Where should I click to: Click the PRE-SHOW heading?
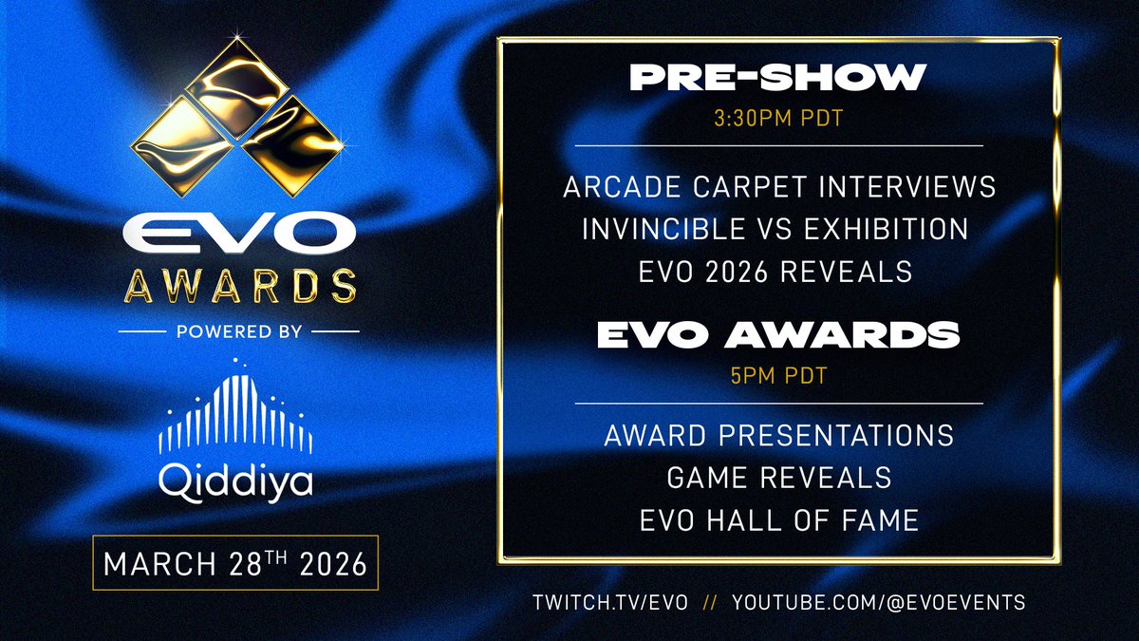[778, 79]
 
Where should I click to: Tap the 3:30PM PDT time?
[778, 122]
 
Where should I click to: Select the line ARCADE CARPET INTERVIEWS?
[779, 186]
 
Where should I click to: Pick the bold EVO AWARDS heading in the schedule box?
[778, 334]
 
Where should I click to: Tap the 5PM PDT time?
[778, 377]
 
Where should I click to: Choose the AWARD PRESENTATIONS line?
[779, 435]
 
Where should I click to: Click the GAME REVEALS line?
[779, 478]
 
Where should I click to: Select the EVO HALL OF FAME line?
[779, 519]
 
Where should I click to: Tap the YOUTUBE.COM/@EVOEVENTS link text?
[878, 603]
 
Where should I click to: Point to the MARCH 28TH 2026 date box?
[234, 564]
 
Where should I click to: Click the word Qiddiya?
[235, 484]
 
